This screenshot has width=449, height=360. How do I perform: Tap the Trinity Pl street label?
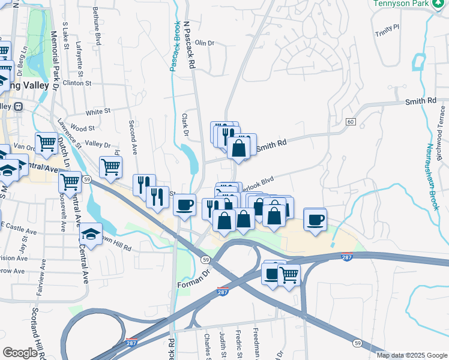pyautogui.click(x=387, y=29)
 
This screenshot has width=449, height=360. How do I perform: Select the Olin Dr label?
pyautogui.click(x=204, y=43)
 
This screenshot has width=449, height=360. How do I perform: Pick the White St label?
pyautogui.click(x=98, y=112)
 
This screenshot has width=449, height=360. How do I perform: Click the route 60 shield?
pyautogui.click(x=351, y=122)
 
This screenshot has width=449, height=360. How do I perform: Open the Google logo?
pyautogui.click(x=19, y=353)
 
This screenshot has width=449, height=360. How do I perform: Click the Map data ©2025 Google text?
pyautogui.click(x=412, y=355)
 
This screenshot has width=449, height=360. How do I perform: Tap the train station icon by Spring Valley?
pyautogui.click(x=18, y=107)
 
